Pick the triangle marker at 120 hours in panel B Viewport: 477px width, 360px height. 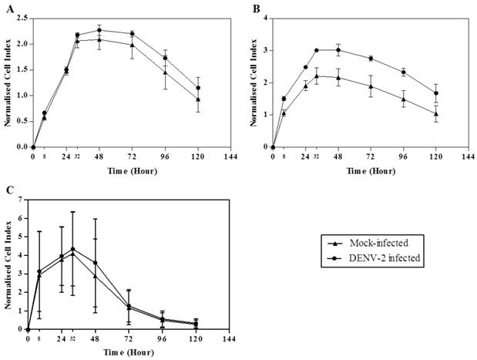point(435,114)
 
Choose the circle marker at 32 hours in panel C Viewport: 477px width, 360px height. point(72,249)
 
